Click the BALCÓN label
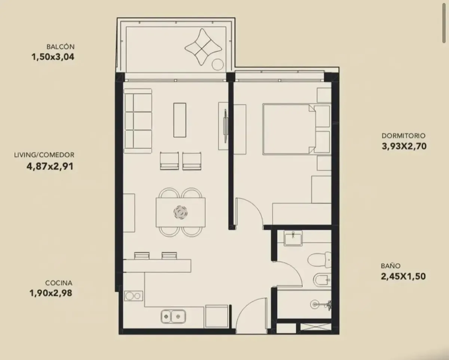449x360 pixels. point(60,46)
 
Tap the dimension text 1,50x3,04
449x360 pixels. point(53,57)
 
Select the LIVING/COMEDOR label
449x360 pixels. point(44,155)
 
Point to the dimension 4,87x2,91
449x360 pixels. point(50,166)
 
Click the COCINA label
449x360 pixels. point(59,283)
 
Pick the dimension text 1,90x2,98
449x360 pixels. point(51,293)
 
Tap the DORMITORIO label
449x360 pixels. point(403,136)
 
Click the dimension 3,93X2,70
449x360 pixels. point(404,146)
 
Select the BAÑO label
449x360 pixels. point(391,266)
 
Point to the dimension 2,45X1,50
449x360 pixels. point(403,276)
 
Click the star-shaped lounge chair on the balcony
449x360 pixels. point(203,47)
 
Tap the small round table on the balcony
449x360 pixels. point(217,65)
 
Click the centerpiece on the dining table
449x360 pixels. point(180,213)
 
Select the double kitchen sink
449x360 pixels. point(173,316)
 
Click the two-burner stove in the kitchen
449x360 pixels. point(134,296)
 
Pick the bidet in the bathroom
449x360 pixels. point(322,280)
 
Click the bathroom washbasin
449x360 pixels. point(293,238)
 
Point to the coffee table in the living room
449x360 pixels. point(180,120)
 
